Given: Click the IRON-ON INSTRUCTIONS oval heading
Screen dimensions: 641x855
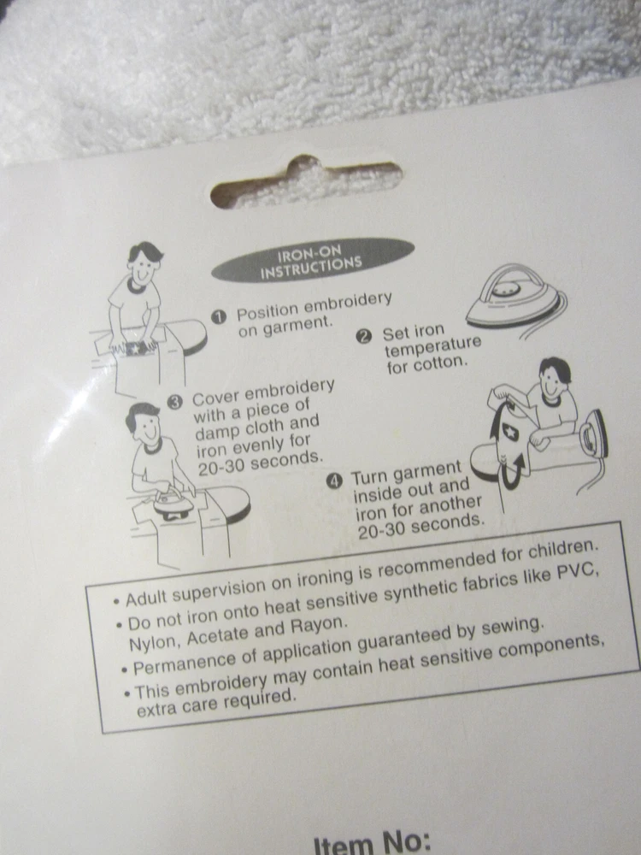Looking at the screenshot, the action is point(312,260).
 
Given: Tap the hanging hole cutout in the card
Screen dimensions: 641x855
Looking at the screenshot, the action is point(306,183).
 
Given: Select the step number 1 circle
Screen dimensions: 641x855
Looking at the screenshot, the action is point(219,317).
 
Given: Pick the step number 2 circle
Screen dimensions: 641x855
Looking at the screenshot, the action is point(363,336).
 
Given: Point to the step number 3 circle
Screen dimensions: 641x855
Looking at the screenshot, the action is point(174,403).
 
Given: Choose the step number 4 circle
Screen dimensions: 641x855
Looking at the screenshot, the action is point(333,481).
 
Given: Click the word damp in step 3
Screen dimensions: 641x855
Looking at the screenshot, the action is point(218,431).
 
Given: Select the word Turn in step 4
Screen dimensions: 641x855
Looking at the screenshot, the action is point(371,478).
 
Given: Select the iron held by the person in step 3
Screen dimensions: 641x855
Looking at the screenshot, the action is point(173,503).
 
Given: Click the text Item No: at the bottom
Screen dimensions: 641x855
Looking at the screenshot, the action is point(373,841).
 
